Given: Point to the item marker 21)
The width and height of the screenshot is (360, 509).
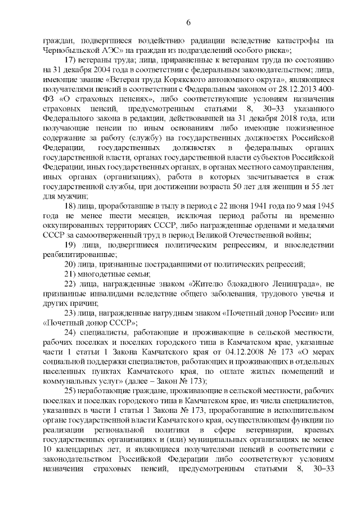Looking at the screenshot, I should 71,273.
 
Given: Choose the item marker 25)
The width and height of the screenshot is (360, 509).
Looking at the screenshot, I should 71,390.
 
